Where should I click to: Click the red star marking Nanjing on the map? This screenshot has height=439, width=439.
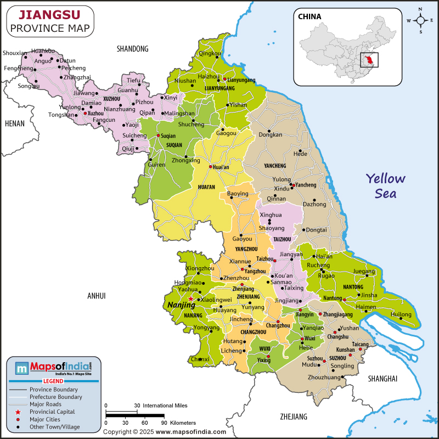coord(190,299)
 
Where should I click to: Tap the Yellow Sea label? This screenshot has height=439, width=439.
coord(386,185)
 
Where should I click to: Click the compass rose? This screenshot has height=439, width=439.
coord(420,21)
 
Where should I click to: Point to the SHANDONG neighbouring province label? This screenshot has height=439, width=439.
coord(132,49)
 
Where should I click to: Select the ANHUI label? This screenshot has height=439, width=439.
coord(96,296)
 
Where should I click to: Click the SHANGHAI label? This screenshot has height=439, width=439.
coord(382,379)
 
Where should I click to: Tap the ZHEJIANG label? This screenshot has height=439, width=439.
coord(294,417)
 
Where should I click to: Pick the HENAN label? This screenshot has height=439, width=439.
coord(14,123)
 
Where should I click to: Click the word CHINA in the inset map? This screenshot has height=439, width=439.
coord(309,16)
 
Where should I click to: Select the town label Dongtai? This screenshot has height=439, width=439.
coord(316,230)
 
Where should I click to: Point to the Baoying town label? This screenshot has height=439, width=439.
coord(238,194)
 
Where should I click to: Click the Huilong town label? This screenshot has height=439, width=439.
coord(401,314)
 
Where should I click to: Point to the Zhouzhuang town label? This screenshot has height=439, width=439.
coord(324,378)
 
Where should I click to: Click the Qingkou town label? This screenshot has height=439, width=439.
coord(210,53)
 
